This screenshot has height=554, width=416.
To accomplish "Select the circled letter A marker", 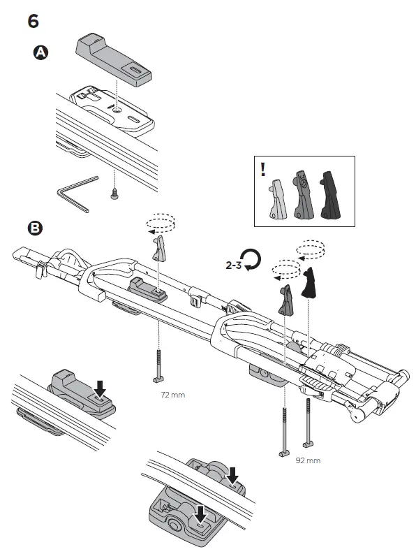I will point(41,53).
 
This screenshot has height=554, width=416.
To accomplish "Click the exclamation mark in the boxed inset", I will point(262,169).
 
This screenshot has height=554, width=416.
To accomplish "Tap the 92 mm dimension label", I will point(308,460).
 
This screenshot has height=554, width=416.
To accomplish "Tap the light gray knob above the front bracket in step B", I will point(159,249).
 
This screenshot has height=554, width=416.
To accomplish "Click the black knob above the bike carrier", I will point(310,282).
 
